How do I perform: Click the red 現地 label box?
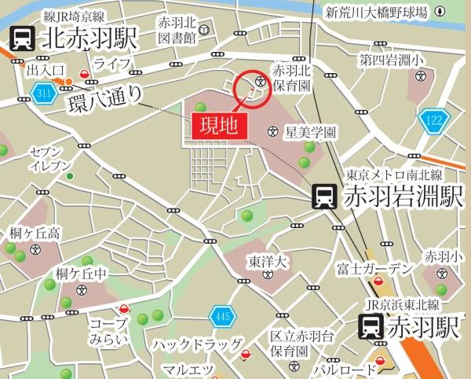click(214, 124)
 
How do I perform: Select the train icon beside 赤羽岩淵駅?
click(323, 196)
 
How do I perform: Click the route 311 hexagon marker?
click(42, 95)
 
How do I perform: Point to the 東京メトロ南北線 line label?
click(389, 175)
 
